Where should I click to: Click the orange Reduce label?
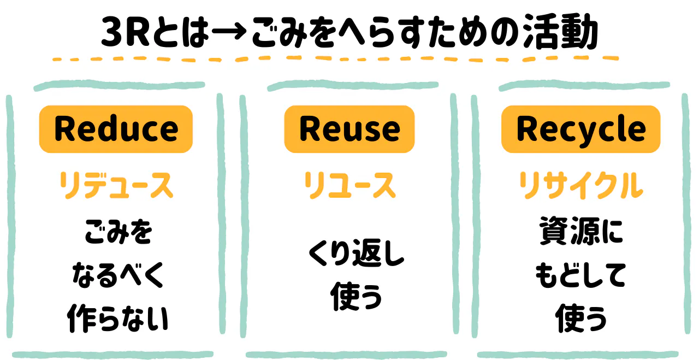[x=116, y=129]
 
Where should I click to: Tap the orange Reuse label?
[x=349, y=129]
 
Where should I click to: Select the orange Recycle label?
[x=581, y=129]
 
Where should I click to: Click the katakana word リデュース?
[x=116, y=186]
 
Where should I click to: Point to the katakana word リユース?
[x=349, y=186]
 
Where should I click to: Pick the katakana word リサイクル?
[x=581, y=186]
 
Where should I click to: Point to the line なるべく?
[x=118, y=276]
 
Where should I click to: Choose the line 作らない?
[x=118, y=318]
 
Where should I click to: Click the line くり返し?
[x=356, y=255]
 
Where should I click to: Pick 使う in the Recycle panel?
[x=581, y=318]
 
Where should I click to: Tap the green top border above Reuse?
[x=352, y=86]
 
